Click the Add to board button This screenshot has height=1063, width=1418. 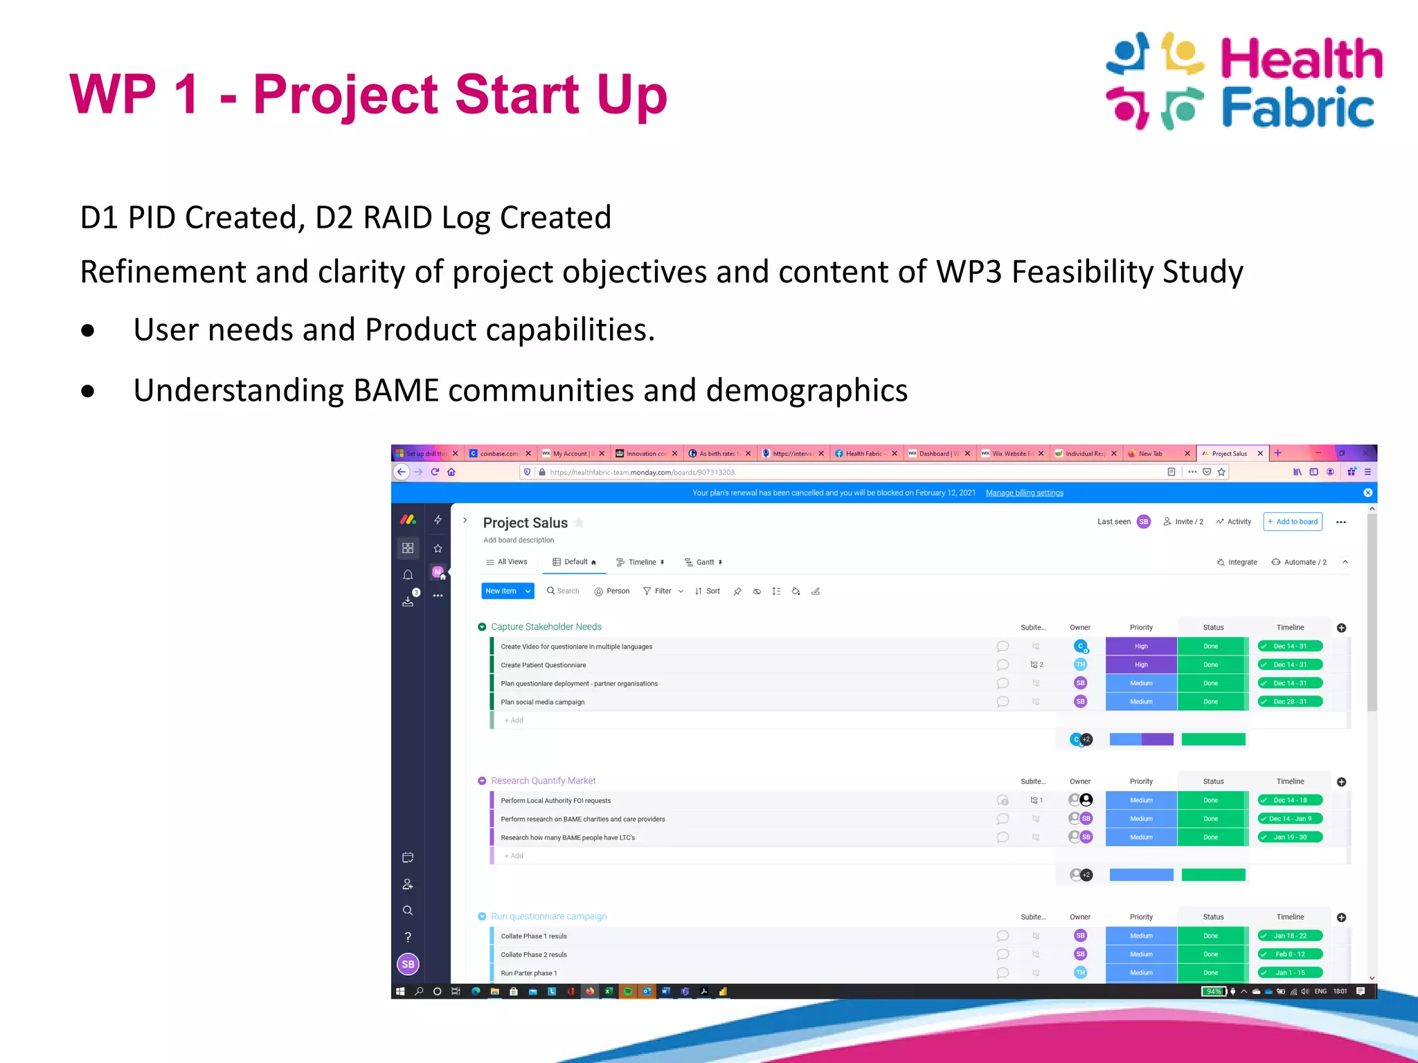click(1292, 522)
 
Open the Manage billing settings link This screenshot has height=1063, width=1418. click(1024, 493)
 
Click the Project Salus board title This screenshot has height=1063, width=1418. click(525, 523)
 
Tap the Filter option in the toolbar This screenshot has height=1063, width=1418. click(662, 591)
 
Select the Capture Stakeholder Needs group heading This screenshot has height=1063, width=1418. click(546, 627)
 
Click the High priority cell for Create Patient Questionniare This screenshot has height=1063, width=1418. click(1140, 665)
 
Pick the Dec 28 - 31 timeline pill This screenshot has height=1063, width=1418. click(1289, 702)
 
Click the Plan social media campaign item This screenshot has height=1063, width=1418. click(542, 702)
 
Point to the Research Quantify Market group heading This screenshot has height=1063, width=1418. click(543, 781)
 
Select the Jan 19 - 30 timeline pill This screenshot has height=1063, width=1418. click(1289, 837)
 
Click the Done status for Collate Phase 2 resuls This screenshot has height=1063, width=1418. click(1210, 954)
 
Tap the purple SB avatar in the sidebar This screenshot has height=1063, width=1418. click(408, 964)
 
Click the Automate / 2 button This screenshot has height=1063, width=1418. click(1299, 562)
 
